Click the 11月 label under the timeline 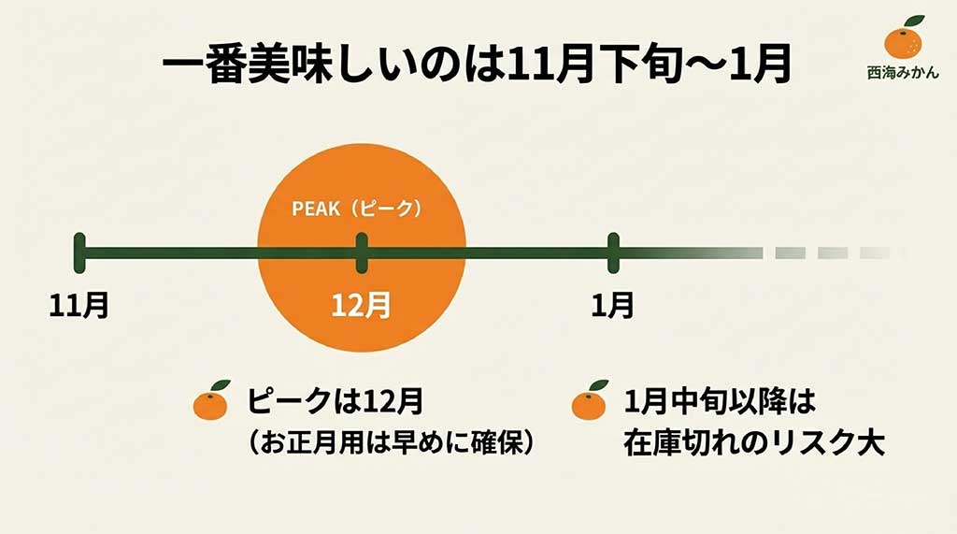tap(79, 306)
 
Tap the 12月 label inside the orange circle tap(362, 306)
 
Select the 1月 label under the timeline tap(613, 306)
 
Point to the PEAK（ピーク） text tap(358, 209)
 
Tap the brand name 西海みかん tap(903, 72)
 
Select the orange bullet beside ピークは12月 tap(211, 402)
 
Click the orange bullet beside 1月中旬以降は tap(590, 402)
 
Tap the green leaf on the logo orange tap(913, 22)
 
